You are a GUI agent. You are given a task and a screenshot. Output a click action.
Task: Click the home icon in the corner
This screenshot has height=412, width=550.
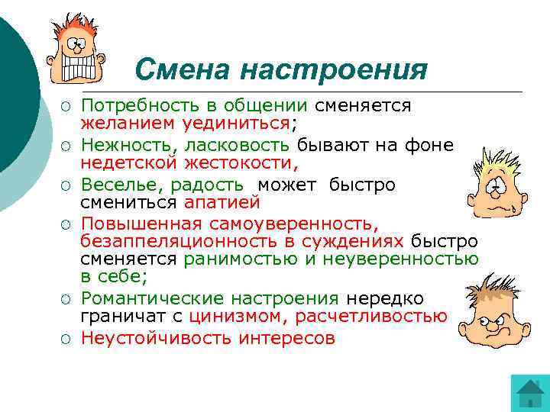point(529,394)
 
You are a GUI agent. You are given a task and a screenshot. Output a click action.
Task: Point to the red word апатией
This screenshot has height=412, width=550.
point(222,202)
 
